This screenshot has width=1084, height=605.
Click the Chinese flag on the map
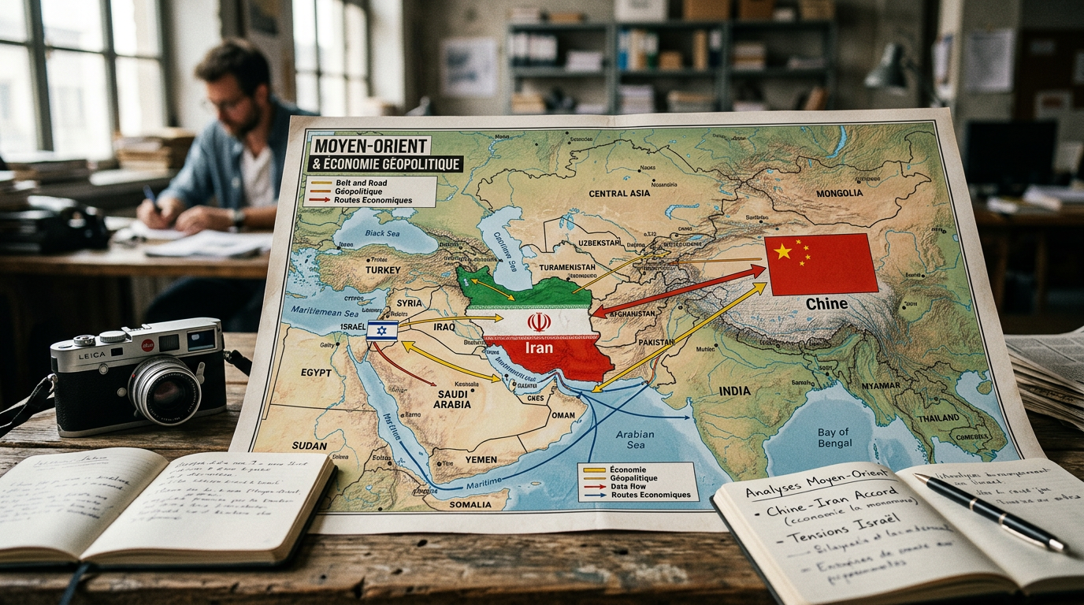click(821, 264)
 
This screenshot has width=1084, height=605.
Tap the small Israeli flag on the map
click(382, 330)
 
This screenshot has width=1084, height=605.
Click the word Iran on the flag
click(540, 347)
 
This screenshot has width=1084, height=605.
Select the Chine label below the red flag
click(826, 303)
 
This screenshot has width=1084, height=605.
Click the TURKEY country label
click(384, 269)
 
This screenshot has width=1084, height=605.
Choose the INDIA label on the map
click(734, 391)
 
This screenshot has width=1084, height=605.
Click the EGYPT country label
click(316, 372)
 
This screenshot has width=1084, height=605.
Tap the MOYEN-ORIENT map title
click(370, 146)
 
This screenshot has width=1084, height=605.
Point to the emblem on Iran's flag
click(539, 321)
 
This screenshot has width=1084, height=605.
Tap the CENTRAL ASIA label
click(618, 193)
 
